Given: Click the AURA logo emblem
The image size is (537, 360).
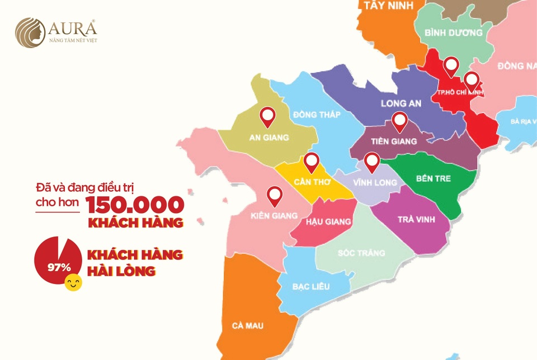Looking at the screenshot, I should point(31,32).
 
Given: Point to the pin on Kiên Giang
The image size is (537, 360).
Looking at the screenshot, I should point(275,196).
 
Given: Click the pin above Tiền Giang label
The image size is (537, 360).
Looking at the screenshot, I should point(399,121).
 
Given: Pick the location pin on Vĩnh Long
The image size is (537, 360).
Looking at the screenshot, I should point(372,162).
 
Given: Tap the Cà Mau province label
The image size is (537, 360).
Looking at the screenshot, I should point(248,325).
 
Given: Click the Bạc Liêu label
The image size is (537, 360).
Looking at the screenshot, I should point(311,287).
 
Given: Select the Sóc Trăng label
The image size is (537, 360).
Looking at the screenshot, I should point(361,253).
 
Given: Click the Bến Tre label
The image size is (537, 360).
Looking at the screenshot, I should point(434,179).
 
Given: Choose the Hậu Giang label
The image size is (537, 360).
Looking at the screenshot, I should point(328,221).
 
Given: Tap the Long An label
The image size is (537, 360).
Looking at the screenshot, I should point(401,103).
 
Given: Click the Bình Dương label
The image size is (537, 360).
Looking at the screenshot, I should point(453,33).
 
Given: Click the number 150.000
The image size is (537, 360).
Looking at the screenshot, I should point(135,205).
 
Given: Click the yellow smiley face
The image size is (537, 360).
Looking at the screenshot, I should point(73,283).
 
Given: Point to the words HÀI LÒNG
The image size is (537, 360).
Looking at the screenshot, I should point(121,271).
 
